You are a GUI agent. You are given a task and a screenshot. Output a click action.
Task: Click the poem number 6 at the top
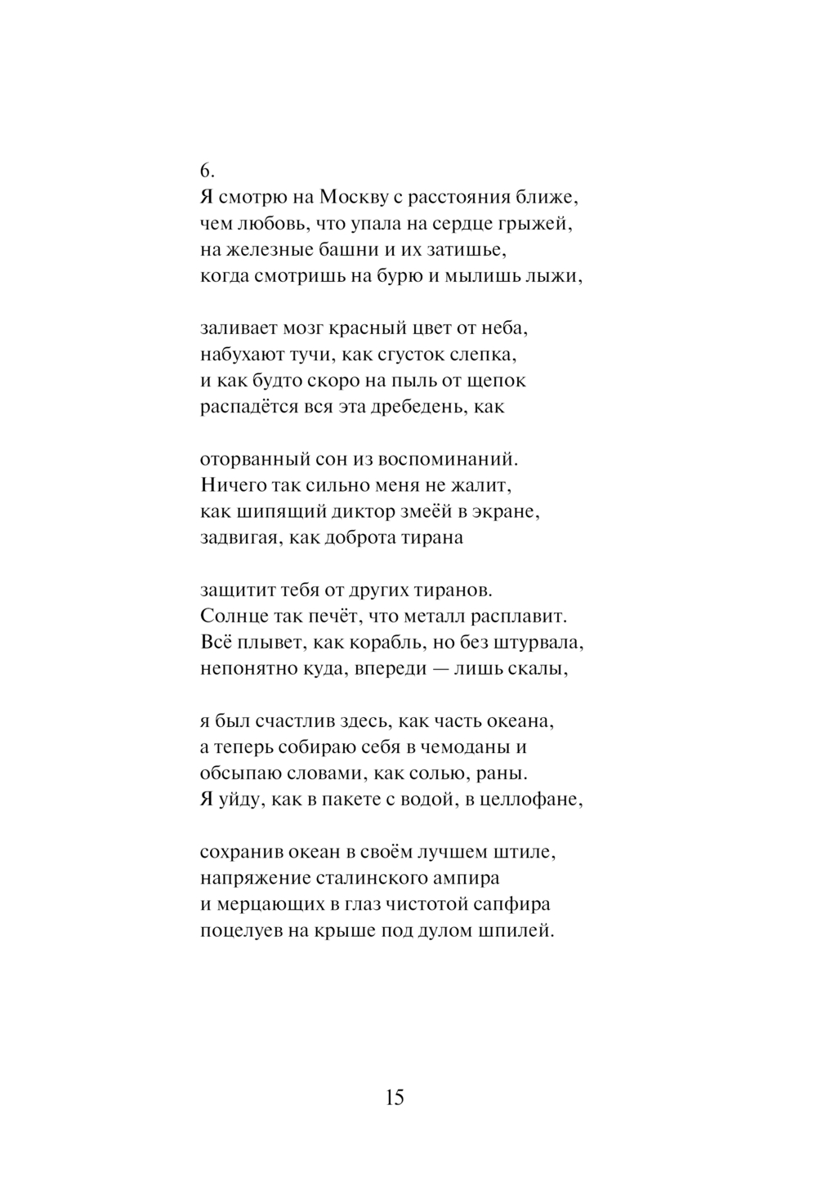click(x=207, y=170)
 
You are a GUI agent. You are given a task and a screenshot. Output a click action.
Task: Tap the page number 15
click(x=395, y=1097)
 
